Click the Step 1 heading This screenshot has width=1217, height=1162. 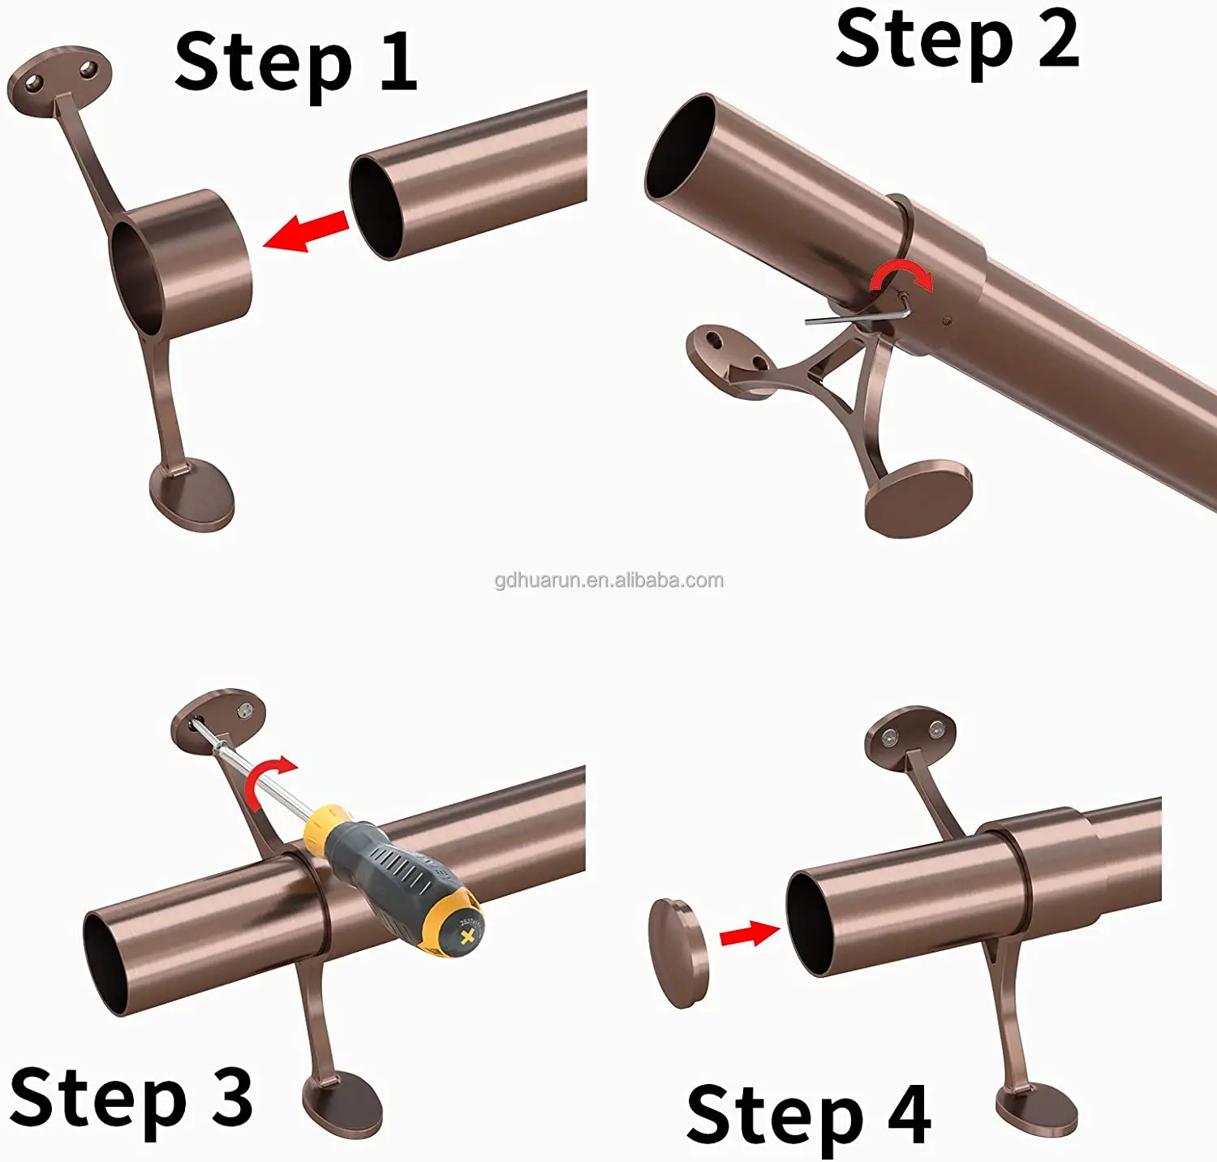pos(296,63)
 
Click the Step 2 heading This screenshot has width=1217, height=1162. pos(957,41)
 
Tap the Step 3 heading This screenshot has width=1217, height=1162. pos(131,1097)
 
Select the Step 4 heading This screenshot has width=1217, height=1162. pos(808,1115)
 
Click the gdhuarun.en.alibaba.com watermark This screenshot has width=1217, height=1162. pos(609,580)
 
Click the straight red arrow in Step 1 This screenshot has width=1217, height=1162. pos(306,231)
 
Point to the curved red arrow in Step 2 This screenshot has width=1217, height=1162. pos(901,274)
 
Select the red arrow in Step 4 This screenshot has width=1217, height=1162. pos(750,933)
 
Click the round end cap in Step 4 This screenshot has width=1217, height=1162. pos(679,953)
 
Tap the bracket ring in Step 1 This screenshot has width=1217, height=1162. pos(181,262)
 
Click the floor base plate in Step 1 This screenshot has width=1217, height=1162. pos(192,495)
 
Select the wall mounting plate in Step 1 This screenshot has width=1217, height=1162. pos(59,79)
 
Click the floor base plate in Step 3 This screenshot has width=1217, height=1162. pos(342,1104)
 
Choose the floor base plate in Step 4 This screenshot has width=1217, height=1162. pos(1037,1113)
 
